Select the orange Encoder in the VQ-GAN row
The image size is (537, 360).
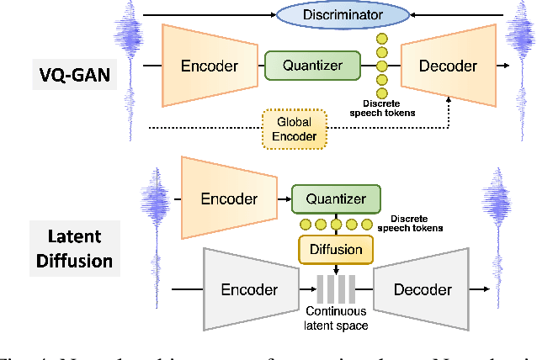(209, 66)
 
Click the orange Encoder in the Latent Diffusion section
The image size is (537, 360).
(228, 199)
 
